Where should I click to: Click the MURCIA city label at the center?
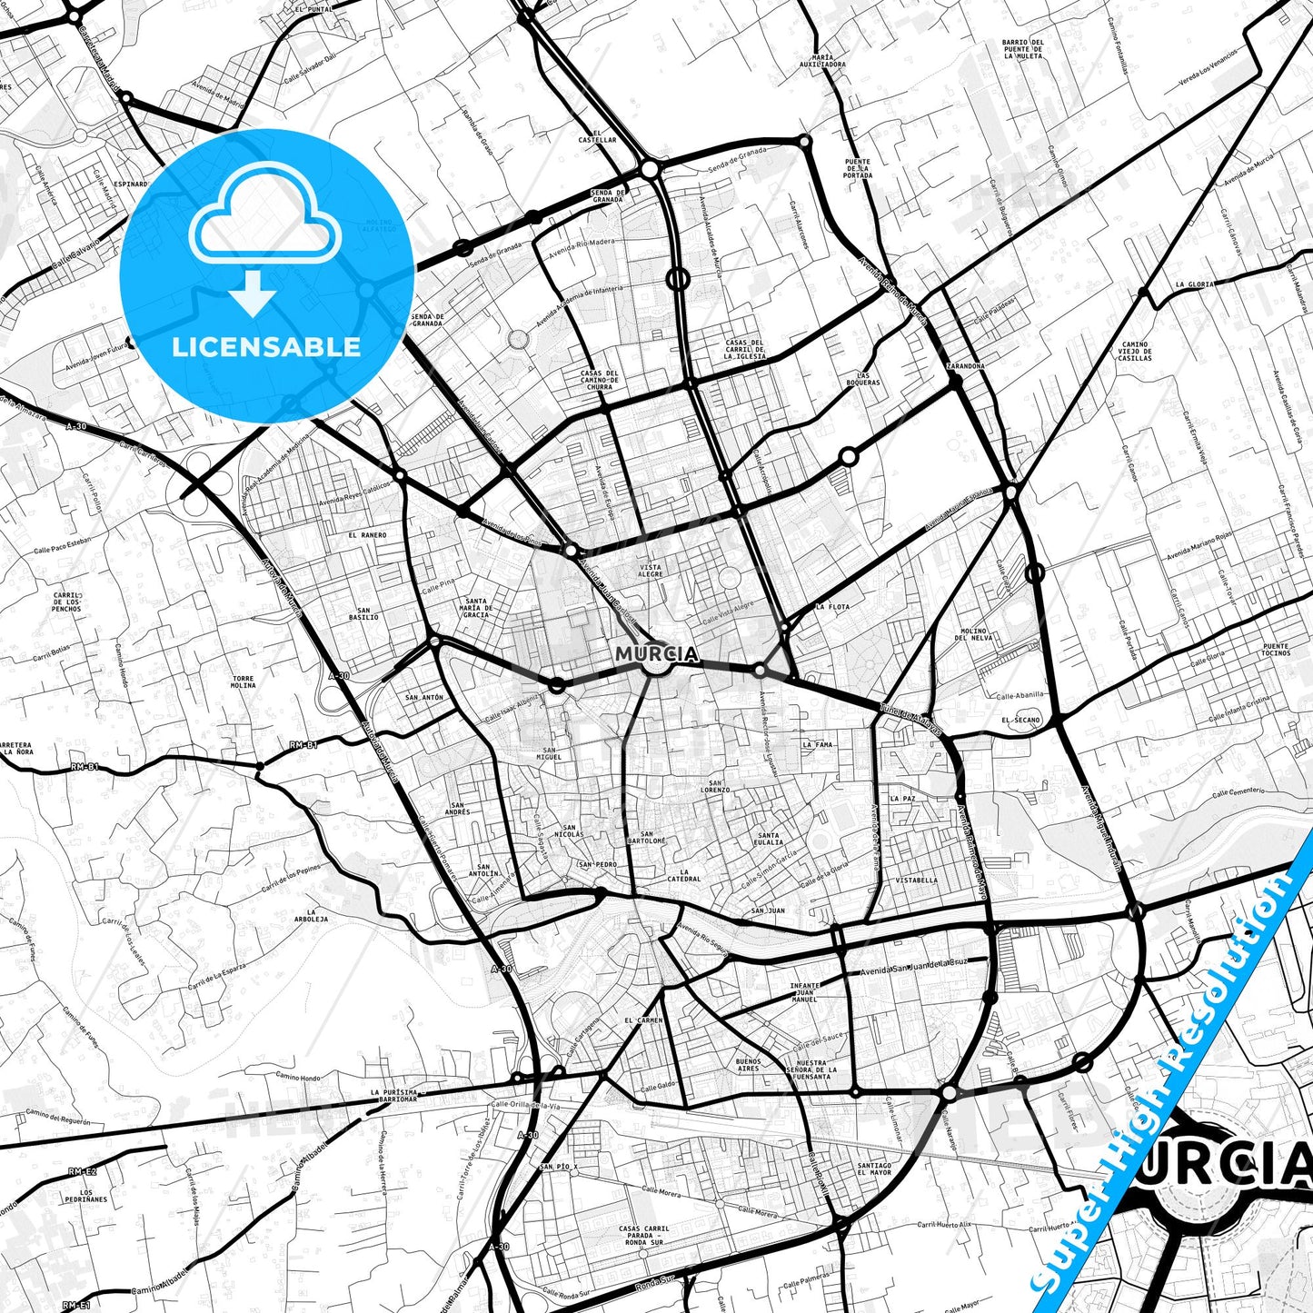(x=657, y=653)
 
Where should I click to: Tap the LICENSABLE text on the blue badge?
(x=266, y=346)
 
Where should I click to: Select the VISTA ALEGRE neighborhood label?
(x=651, y=571)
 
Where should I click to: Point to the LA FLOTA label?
(x=832, y=606)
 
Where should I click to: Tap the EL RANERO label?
(x=367, y=535)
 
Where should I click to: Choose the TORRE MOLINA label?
(x=244, y=681)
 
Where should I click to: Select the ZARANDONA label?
(x=965, y=365)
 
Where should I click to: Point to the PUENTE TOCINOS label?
(x=1276, y=650)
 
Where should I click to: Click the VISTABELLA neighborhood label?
(x=916, y=880)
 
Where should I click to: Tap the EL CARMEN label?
(x=643, y=1020)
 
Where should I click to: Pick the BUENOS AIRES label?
(x=748, y=1065)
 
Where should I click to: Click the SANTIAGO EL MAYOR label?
(x=874, y=1169)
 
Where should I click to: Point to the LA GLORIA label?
(x=1194, y=284)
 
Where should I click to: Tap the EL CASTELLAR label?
(x=597, y=136)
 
